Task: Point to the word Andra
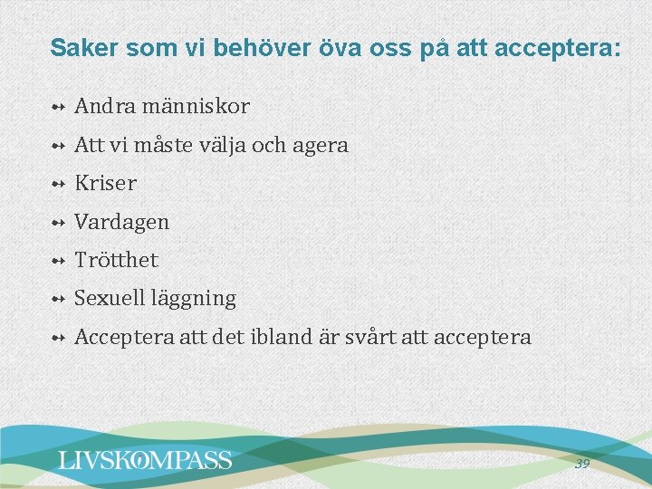(101, 107)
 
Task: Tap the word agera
(322, 145)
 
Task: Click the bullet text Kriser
(105, 183)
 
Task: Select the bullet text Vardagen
(121, 222)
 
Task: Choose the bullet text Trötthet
(116, 260)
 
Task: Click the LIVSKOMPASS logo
(145, 460)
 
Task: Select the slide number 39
(581, 464)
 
